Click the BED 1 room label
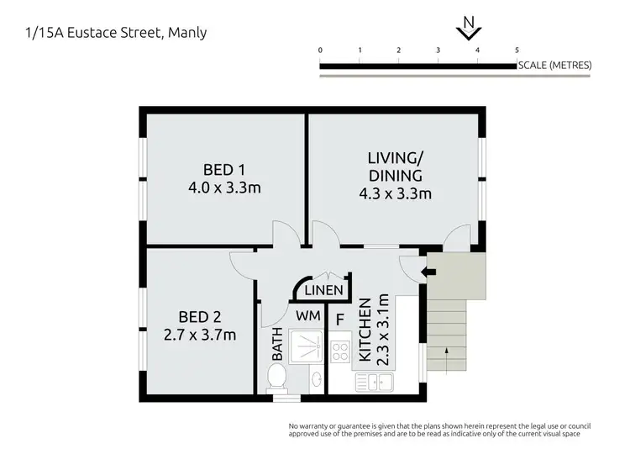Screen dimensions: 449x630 pyautogui.click(x=223, y=166)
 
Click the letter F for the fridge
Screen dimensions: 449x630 pyautogui.click(x=339, y=320)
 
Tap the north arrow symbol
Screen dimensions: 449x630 pyautogui.click(x=467, y=31)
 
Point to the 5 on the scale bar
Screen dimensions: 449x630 pyautogui.click(x=517, y=50)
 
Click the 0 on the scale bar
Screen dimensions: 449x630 pyautogui.click(x=321, y=50)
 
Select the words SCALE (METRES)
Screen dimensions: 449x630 pyautogui.click(x=554, y=65)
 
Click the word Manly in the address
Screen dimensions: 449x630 pyautogui.click(x=189, y=33)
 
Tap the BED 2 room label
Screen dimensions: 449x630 pyautogui.click(x=200, y=317)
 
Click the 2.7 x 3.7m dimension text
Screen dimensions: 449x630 pyautogui.click(x=200, y=335)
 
